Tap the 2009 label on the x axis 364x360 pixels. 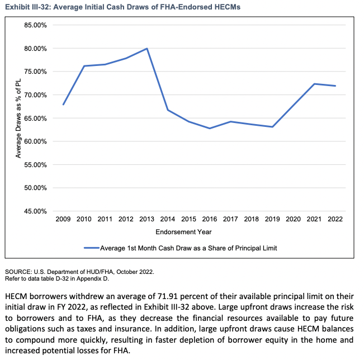tap(63, 219)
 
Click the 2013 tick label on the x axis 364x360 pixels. tap(147, 219)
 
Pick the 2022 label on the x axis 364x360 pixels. tap(335, 219)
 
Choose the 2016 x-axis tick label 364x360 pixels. tap(210, 219)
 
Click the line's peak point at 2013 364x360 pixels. tap(147, 49)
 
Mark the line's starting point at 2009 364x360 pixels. tap(63, 105)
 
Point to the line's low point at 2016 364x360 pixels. tap(210, 129)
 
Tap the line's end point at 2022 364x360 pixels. tap(335, 86)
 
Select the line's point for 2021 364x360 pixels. tap(314, 84)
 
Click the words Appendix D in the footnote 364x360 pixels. tap(98, 278)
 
